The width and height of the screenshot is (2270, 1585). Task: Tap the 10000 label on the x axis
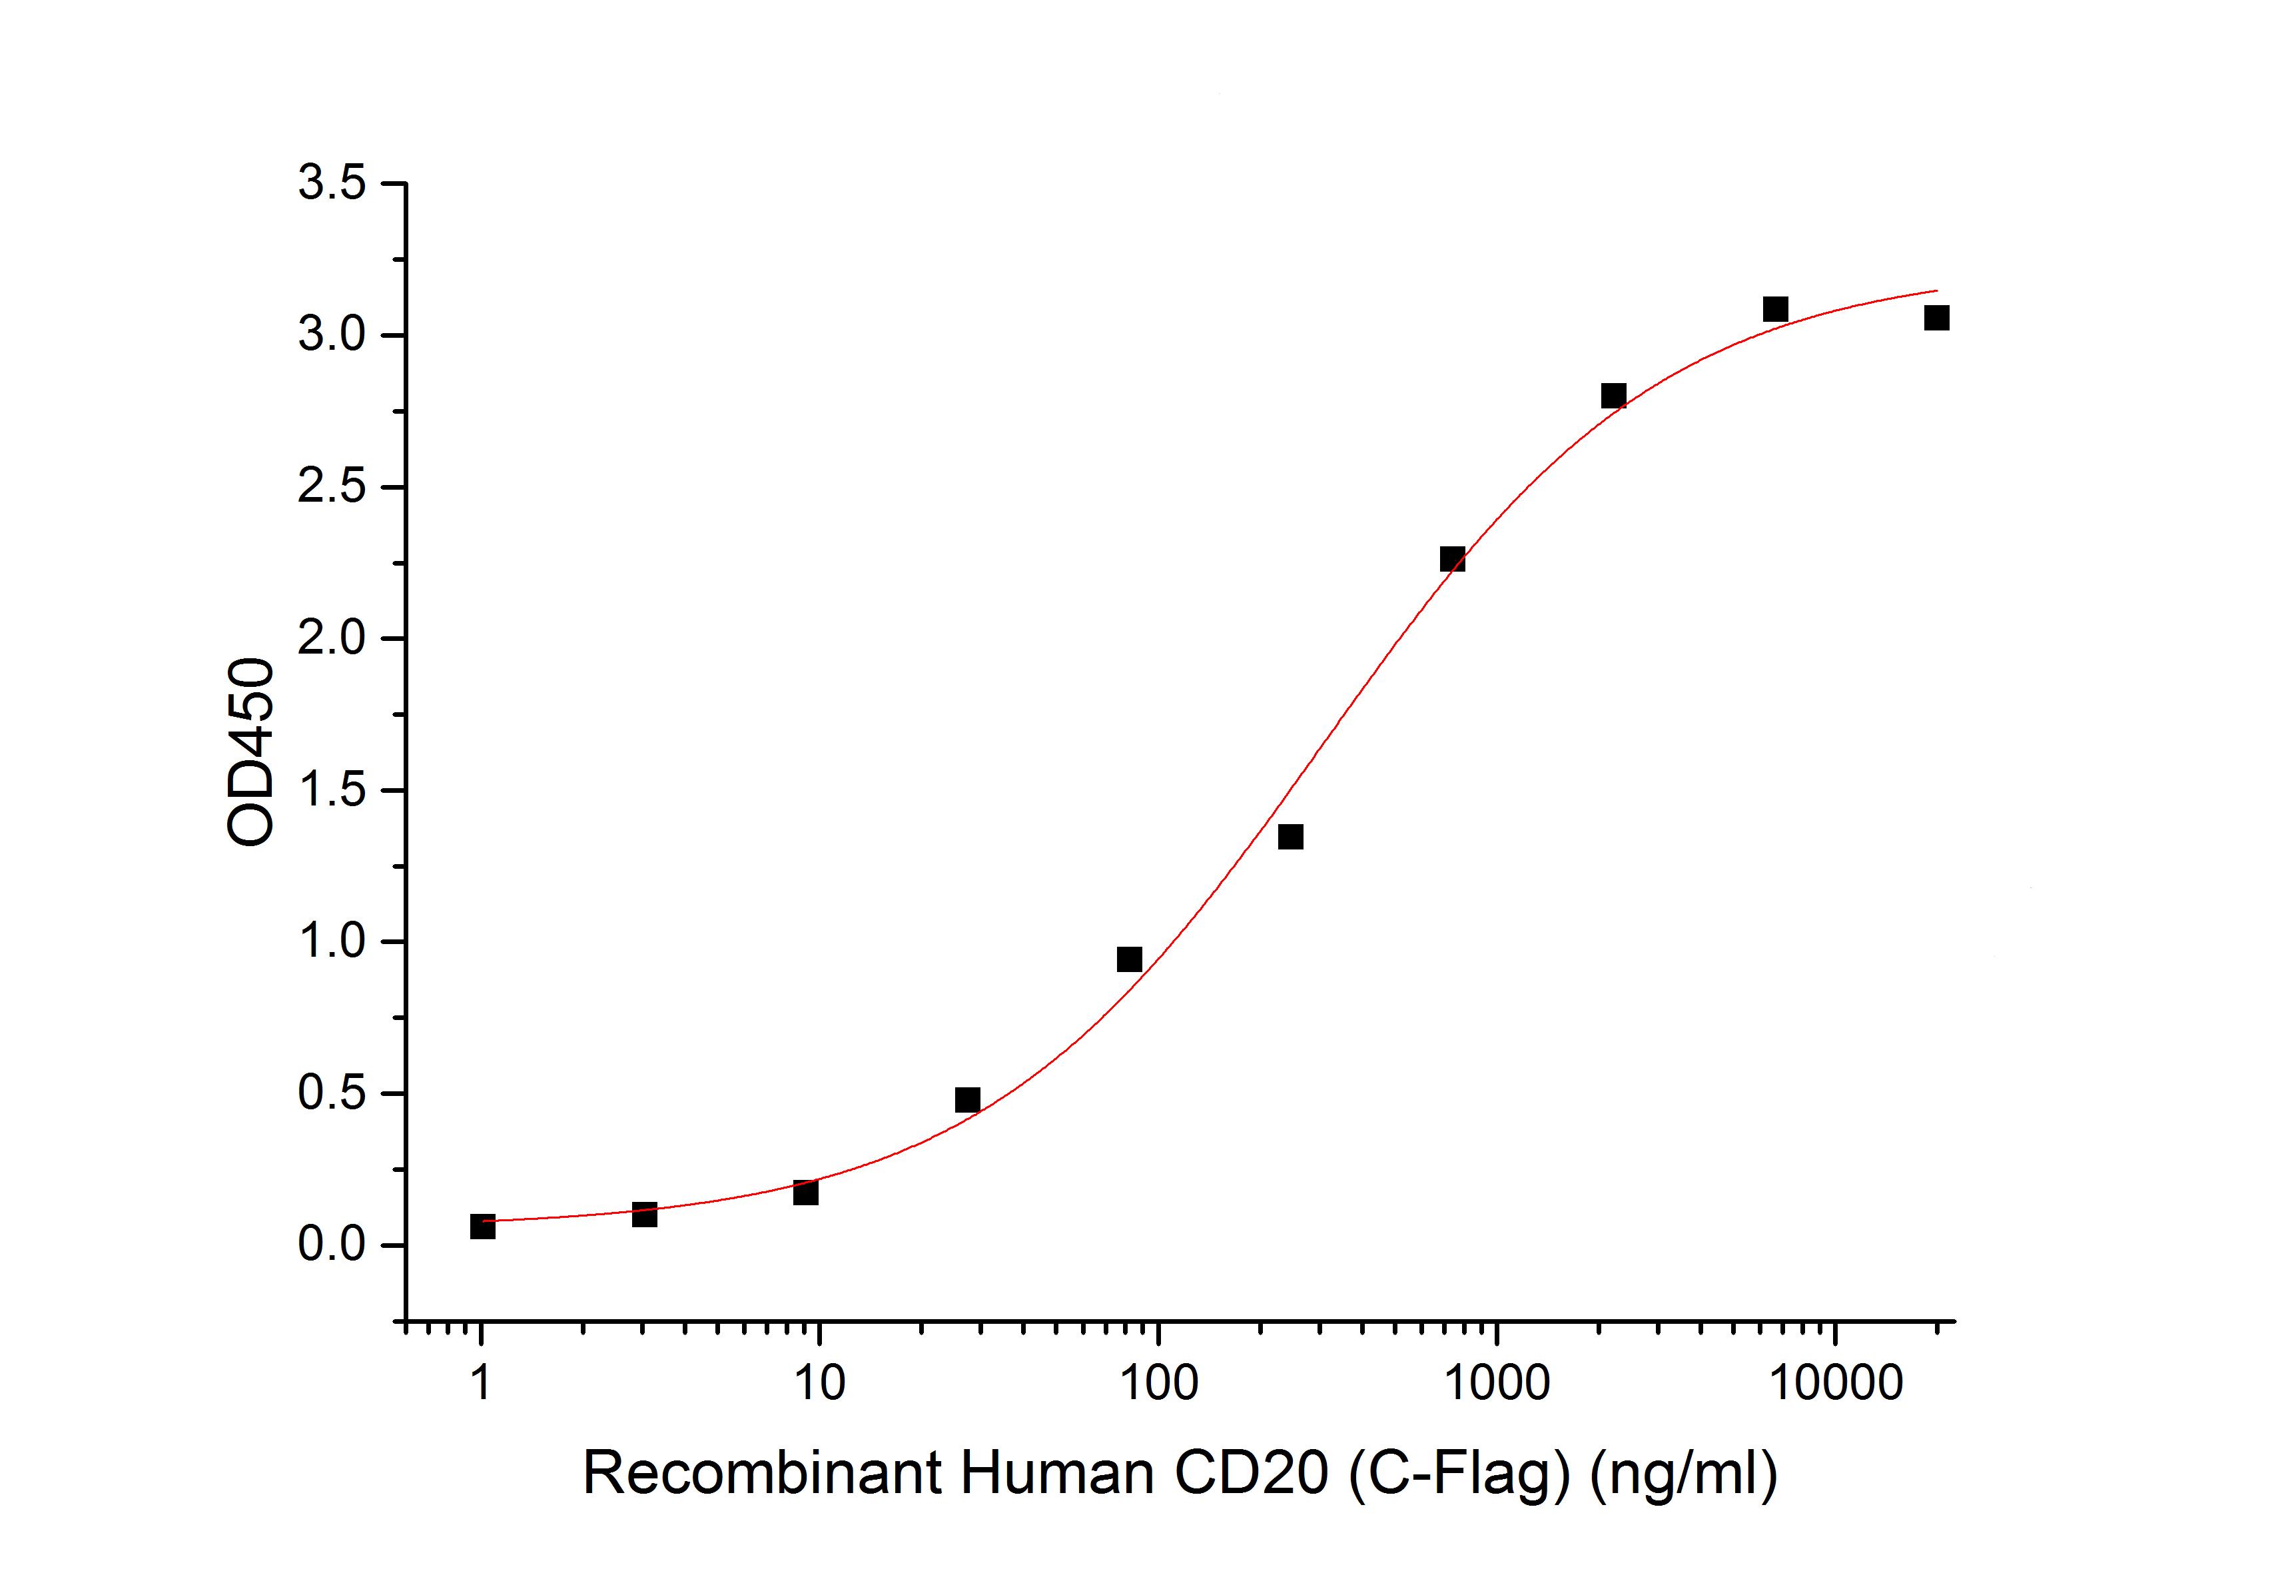(1835, 1383)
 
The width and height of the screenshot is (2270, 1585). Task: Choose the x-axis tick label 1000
(1496, 1383)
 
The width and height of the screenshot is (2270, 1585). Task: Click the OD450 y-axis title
(251, 752)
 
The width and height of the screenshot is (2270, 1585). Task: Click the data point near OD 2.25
(1452, 560)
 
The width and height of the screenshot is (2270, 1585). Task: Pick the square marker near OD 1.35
(1290, 837)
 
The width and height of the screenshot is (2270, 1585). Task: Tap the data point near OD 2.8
(1613, 396)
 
